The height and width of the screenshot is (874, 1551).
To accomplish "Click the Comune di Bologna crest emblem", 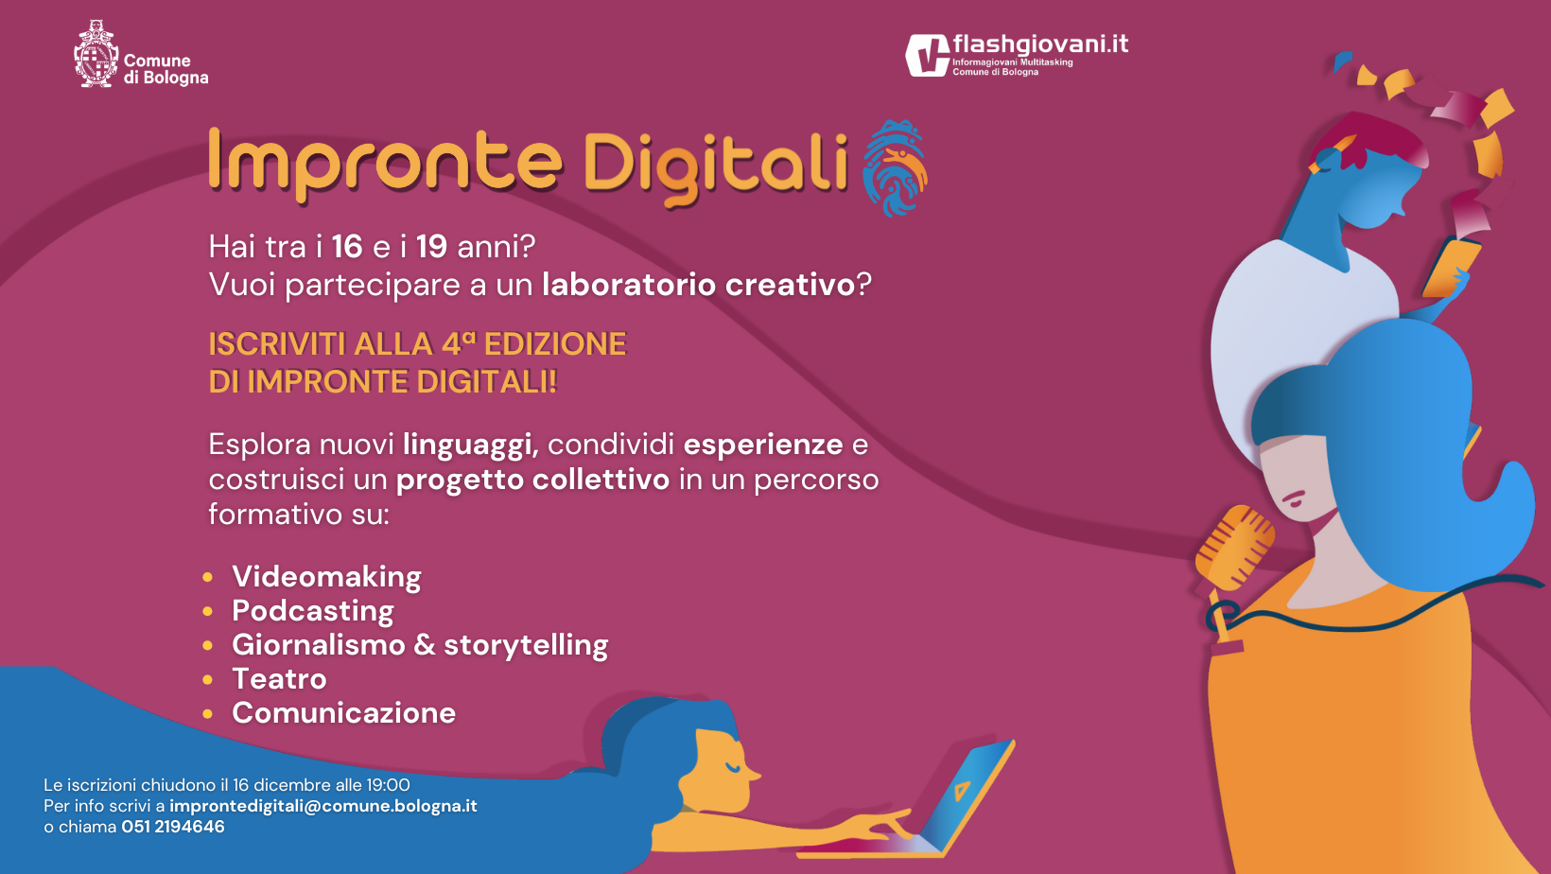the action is click(96, 54).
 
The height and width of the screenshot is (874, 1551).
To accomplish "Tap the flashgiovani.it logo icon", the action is click(927, 55).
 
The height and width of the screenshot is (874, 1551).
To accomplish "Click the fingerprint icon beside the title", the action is click(896, 167).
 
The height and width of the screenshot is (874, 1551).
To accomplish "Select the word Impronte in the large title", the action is click(386, 164).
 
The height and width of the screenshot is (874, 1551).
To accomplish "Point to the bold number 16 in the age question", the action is click(347, 247).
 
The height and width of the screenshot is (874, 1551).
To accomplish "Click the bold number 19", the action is click(431, 247).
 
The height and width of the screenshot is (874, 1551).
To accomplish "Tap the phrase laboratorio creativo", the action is click(699, 285).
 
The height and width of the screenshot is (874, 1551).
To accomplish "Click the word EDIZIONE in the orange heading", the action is click(554, 344).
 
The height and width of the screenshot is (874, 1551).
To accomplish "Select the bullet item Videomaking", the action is click(326, 577).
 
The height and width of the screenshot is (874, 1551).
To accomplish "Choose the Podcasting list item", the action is click(313, 611).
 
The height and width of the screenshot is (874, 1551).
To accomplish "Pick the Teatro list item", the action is click(279, 679).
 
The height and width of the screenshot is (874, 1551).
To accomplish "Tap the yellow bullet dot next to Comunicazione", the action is click(208, 714).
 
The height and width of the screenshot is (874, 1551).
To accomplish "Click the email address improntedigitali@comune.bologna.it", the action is click(323, 806).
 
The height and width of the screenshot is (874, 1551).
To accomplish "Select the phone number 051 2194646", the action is click(173, 827).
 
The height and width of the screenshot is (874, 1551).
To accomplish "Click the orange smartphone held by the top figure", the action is click(1450, 268).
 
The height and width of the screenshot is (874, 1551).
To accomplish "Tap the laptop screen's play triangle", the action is click(961, 790).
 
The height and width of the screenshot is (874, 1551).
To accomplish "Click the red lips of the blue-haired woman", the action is click(1293, 498).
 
